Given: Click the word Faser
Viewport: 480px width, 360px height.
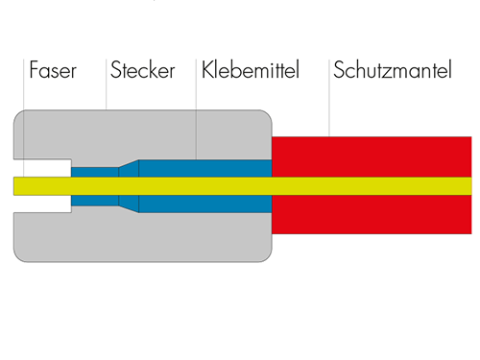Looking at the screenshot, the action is click(x=53, y=70).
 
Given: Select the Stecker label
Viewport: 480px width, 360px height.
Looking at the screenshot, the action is click(x=142, y=70).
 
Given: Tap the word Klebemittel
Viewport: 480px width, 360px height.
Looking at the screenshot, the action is click(x=251, y=69).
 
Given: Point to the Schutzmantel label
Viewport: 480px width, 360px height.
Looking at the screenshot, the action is click(x=393, y=69).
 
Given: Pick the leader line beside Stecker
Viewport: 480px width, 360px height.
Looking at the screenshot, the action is click(x=107, y=84).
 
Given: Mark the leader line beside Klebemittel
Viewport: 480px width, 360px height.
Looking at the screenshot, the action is click(x=196, y=109).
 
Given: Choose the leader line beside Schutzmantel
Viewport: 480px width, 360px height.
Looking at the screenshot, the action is click(x=329, y=98).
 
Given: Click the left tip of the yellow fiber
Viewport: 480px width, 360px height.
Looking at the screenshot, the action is click(x=13, y=186).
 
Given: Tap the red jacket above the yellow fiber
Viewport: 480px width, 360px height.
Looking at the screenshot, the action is click(x=372, y=156).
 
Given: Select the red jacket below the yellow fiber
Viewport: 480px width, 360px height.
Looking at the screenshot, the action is click(x=372, y=214).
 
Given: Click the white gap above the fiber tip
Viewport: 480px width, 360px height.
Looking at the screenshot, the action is click(x=42, y=168).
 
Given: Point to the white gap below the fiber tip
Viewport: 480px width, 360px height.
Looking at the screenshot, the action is click(x=42, y=204).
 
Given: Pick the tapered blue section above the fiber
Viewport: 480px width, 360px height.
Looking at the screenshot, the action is click(x=130, y=170).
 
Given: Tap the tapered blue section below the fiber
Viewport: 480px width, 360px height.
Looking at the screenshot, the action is click(x=130, y=203).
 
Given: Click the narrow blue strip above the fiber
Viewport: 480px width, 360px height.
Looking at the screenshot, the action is click(x=95, y=172).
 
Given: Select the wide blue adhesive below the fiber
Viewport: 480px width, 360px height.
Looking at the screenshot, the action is click(x=205, y=204).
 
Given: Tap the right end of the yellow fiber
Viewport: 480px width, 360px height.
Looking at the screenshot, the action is click(x=471, y=186).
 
